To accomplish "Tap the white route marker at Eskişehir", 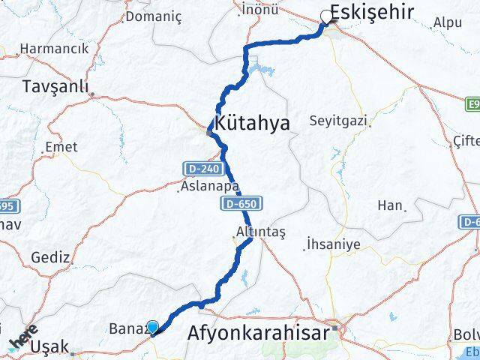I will click(326, 16).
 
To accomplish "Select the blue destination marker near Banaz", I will click(152, 327).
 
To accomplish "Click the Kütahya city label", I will click(252, 124).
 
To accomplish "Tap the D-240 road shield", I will click(196, 169).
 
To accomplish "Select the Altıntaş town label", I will click(257, 232).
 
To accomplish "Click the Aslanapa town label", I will click(209, 187).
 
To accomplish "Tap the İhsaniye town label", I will click(333, 244).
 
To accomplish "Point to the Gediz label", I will click(50, 256).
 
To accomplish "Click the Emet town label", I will click(61, 148).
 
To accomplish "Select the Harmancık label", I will click(54, 48).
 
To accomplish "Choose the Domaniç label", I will click(178, 13).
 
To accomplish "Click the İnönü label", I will click(260, 9).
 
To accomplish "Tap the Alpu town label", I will click(448, 22).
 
